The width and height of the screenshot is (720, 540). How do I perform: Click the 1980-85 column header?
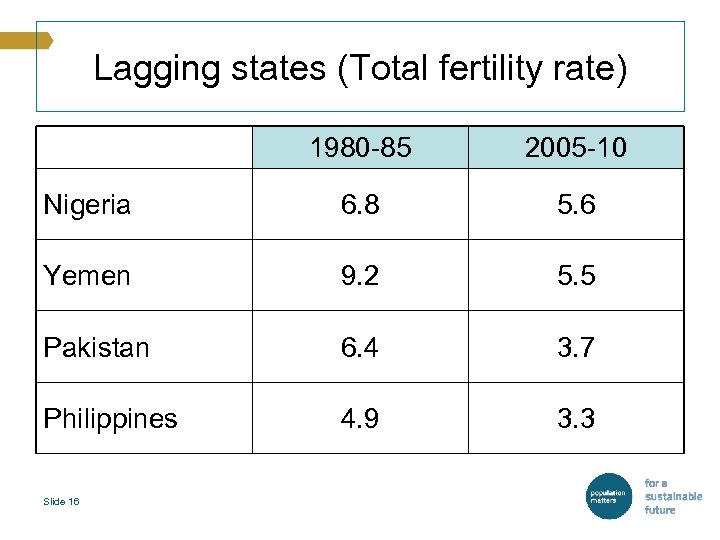pyautogui.click(x=360, y=148)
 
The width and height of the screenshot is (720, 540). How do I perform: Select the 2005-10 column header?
pyautogui.click(x=577, y=148)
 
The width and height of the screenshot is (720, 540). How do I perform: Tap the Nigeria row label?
pyautogui.click(x=87, y=205)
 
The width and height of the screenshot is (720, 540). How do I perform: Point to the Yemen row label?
pyautogui.click(x=87, y=276)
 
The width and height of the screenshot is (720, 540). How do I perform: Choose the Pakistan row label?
pyautogui.click(x=96, y=347)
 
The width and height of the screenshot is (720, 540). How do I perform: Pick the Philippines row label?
pyautogui.click(x=110, y=418)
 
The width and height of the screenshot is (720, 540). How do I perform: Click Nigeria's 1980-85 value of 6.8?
pyautogui.click(x=360, y=205)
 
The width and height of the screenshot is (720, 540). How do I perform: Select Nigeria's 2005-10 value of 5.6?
pyautogui.click(x=577, y=205)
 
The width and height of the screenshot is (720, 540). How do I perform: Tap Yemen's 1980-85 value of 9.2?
pyautogui.click(x=360, y=276)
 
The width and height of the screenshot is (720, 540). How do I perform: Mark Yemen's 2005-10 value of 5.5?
pyautogui.click(x=577, y=276)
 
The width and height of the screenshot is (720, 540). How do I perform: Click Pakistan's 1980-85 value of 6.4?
pyautogui.click(x=360, y=347)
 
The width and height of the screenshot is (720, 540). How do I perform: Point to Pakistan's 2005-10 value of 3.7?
pyautogui.click(x=577, y=347)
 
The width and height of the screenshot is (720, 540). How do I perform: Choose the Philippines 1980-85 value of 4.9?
pyautogui.click(x=360, y=418)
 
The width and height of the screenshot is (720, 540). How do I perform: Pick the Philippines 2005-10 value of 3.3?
pyautogui.click(x=577, y=418)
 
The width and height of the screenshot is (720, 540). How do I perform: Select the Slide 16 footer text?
pyautogui.click(x=61, y=501)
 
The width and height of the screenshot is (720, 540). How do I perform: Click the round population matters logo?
pyautogui.click(x=608, y=497)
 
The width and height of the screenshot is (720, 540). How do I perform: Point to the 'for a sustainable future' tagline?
pyautogui.click(x=672, y=496)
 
